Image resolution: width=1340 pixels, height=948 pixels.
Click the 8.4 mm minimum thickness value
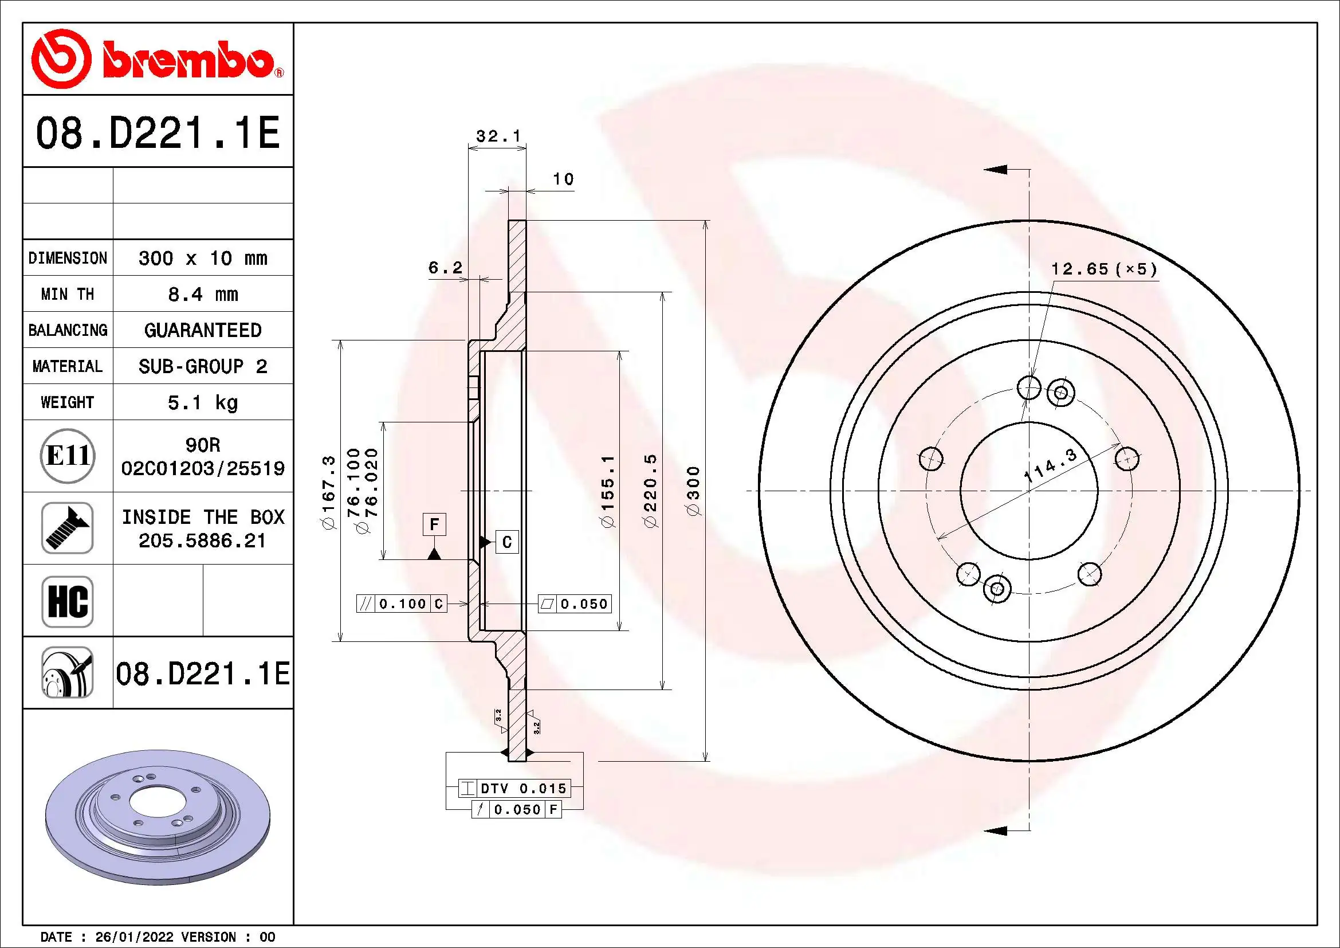(202, 294)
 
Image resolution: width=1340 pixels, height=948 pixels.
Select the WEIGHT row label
(67, 402)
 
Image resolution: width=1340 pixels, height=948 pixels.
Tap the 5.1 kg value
(202, 402)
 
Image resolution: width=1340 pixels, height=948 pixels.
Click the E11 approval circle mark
(68, 456)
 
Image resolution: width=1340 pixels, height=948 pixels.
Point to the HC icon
(68, 601)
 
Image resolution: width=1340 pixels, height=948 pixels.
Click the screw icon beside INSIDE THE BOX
(68, 528)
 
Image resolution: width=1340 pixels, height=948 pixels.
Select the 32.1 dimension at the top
(498, 136)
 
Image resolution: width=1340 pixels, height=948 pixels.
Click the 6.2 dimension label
(445, 268)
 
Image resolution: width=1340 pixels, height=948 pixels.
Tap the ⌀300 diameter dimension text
(693, 491)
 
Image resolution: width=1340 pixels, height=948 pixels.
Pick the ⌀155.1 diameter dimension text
(608, 491)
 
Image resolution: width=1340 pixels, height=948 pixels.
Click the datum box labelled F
(434, 525)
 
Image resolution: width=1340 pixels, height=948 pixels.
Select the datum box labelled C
(506, 542)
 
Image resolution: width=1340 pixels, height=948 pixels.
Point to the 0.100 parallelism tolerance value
(403, 604)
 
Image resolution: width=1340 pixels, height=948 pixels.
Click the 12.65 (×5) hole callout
(1103, 269)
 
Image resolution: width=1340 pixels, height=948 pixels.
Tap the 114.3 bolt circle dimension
(1050, 465)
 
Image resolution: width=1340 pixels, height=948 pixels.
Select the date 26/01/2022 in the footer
(134, 937)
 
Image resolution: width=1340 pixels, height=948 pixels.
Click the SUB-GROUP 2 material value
(202, 367)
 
